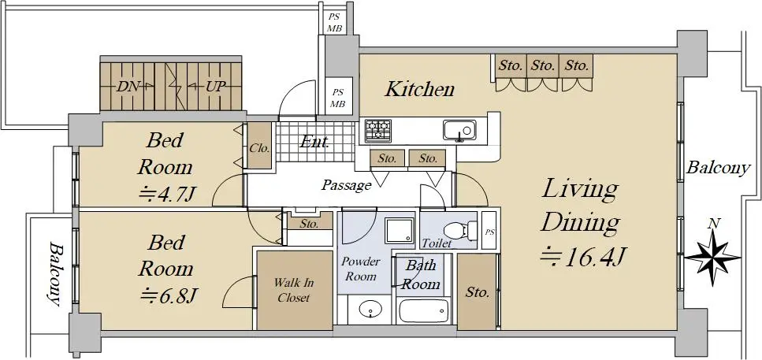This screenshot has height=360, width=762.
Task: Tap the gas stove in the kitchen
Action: click(379, 130)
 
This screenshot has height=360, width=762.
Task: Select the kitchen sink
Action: click(459, 130)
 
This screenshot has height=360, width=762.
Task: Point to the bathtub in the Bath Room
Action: click(423, 311)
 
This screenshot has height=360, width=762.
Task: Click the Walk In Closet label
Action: click(293, 289)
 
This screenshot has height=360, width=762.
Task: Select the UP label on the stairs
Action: click(215, 87)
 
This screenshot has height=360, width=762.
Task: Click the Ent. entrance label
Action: click(314, 142)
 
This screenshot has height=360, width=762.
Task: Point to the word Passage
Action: click(347, 185)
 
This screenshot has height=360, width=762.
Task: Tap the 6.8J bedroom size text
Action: click(168, 295)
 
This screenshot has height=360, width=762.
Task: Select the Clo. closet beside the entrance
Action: click(259, 146)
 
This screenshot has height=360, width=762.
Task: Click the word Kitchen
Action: click(420, 89)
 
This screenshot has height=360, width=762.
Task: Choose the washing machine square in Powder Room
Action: click(400, 230)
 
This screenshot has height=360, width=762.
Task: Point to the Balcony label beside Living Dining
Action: click(718, 169)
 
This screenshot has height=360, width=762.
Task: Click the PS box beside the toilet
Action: click(489, 230)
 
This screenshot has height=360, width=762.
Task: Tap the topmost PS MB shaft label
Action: click(334, 23)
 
